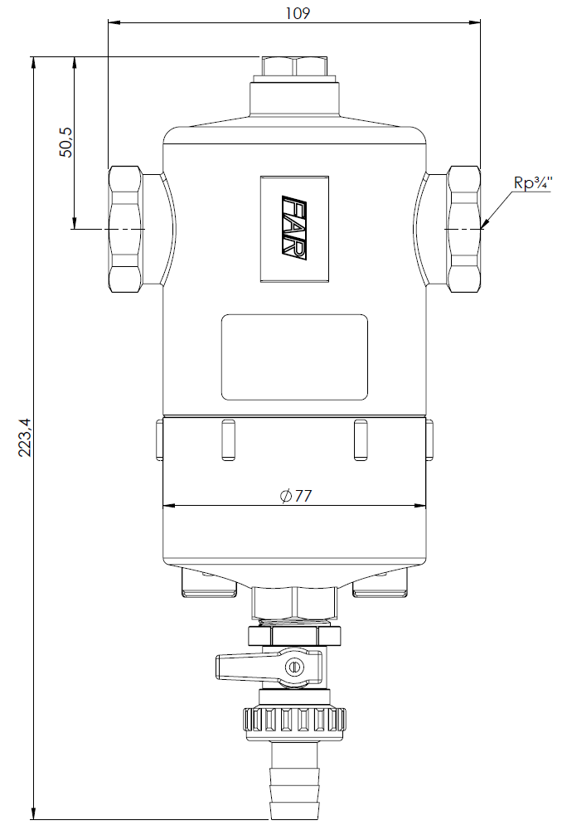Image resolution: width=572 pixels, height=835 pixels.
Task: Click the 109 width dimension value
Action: coord(297,12)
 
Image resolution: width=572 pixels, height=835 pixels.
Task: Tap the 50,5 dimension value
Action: coord(66,142)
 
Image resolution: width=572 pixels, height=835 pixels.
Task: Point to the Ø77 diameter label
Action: coord(296,496)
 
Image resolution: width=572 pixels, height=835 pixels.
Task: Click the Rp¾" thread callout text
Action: coord(532,182)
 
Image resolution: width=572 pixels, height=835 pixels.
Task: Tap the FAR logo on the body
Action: coord(294,229)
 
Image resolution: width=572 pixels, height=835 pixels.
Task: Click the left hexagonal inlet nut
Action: coord(125,229)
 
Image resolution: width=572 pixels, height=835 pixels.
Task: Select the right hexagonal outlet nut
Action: coord(463,229)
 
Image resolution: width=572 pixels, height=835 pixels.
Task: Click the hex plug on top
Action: coord(294,66)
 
